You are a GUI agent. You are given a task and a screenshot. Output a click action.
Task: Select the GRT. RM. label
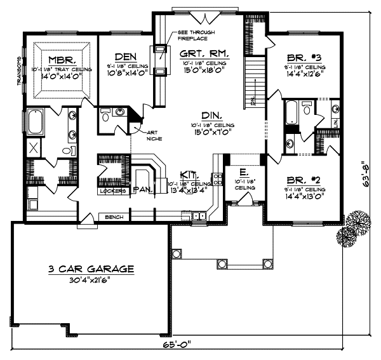pyautogui.click(x=204, y=55)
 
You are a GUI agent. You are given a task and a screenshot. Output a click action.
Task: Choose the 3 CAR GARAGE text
pyautogui.click(x=92, y=269)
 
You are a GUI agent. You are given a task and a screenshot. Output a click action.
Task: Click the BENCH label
pyautogui.click(x=114, y=217)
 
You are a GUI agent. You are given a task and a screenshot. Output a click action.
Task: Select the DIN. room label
pyautogui.click(x=211, y=116)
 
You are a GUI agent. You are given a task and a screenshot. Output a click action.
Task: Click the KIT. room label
pyautogui.click(x=187, y=173)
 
